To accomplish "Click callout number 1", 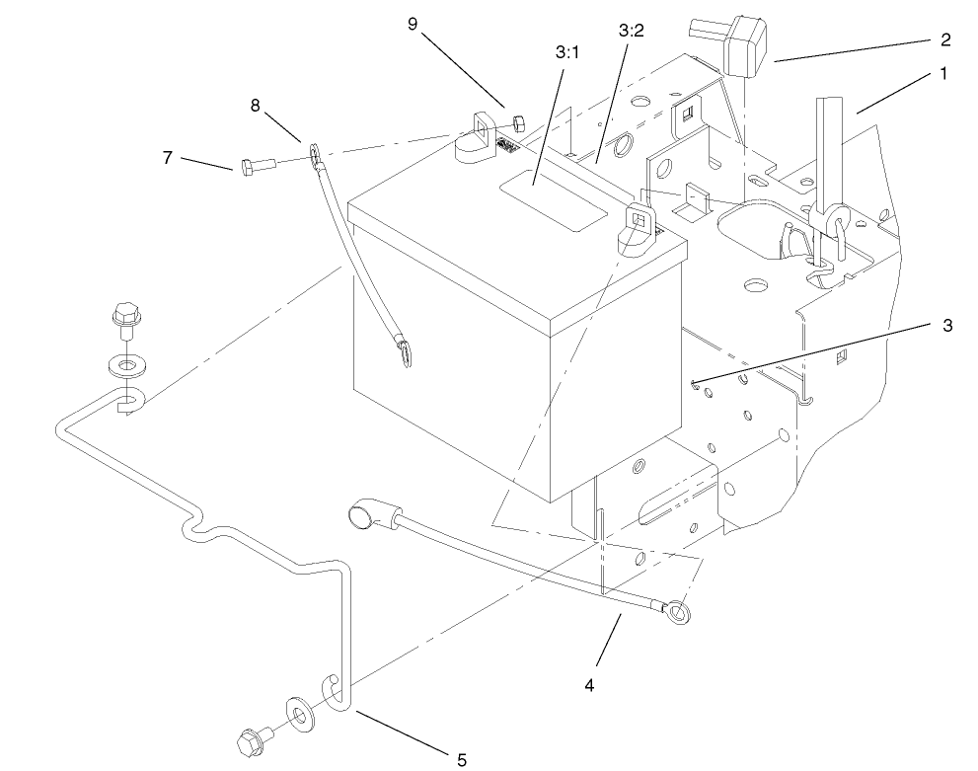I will [x=943, y=73].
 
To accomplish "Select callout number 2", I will [x=944, y=39].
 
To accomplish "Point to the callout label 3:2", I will [x=631, y=31].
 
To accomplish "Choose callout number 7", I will [x=169, y=156].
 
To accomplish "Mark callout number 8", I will [x=255, y=106].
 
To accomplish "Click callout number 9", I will [x=413, y=25].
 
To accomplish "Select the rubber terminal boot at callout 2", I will [x=747, y=48].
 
